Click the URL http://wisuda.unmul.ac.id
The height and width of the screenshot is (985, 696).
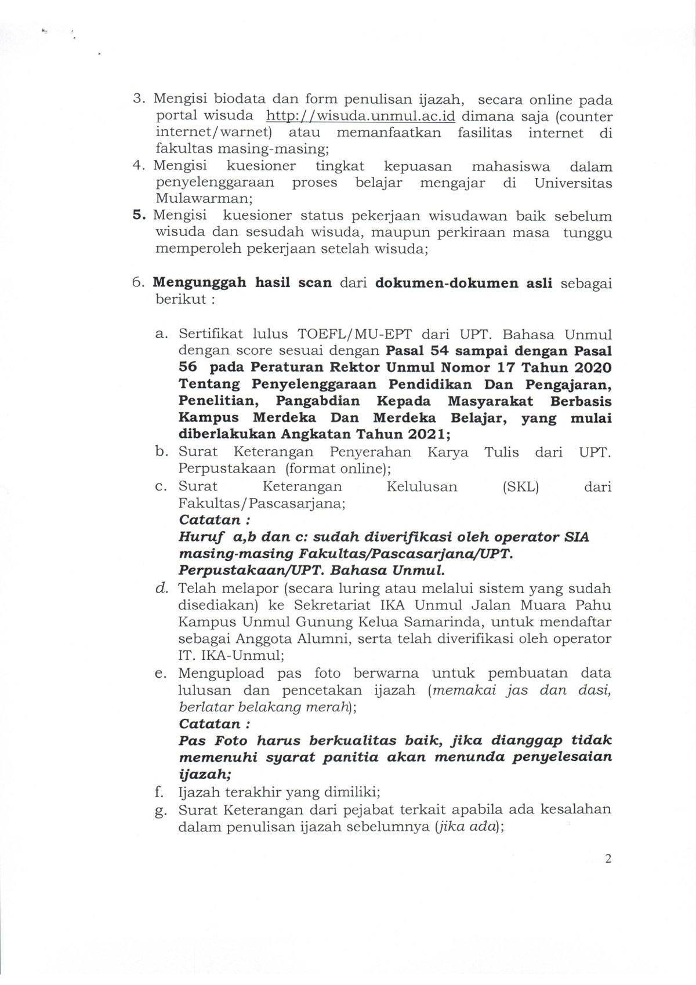pyautogui.click(x=360, y=116)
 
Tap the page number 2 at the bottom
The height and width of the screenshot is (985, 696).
pyautogui.click(x=608, y=859)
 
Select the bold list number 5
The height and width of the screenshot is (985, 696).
pyautogui.click(x=139, y=215)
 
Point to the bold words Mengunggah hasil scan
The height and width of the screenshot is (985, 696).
pyautogui.click(x=242, y=283)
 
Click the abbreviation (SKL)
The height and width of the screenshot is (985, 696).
pyautogui.click(x=520, y=486)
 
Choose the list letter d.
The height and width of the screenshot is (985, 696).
pyautogui.click(x=162, y=588)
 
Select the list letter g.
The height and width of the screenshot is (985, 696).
pyautogui.click(x=161, y=810)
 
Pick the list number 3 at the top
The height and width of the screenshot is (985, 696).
pyautogui.click(x=139, y=99)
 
